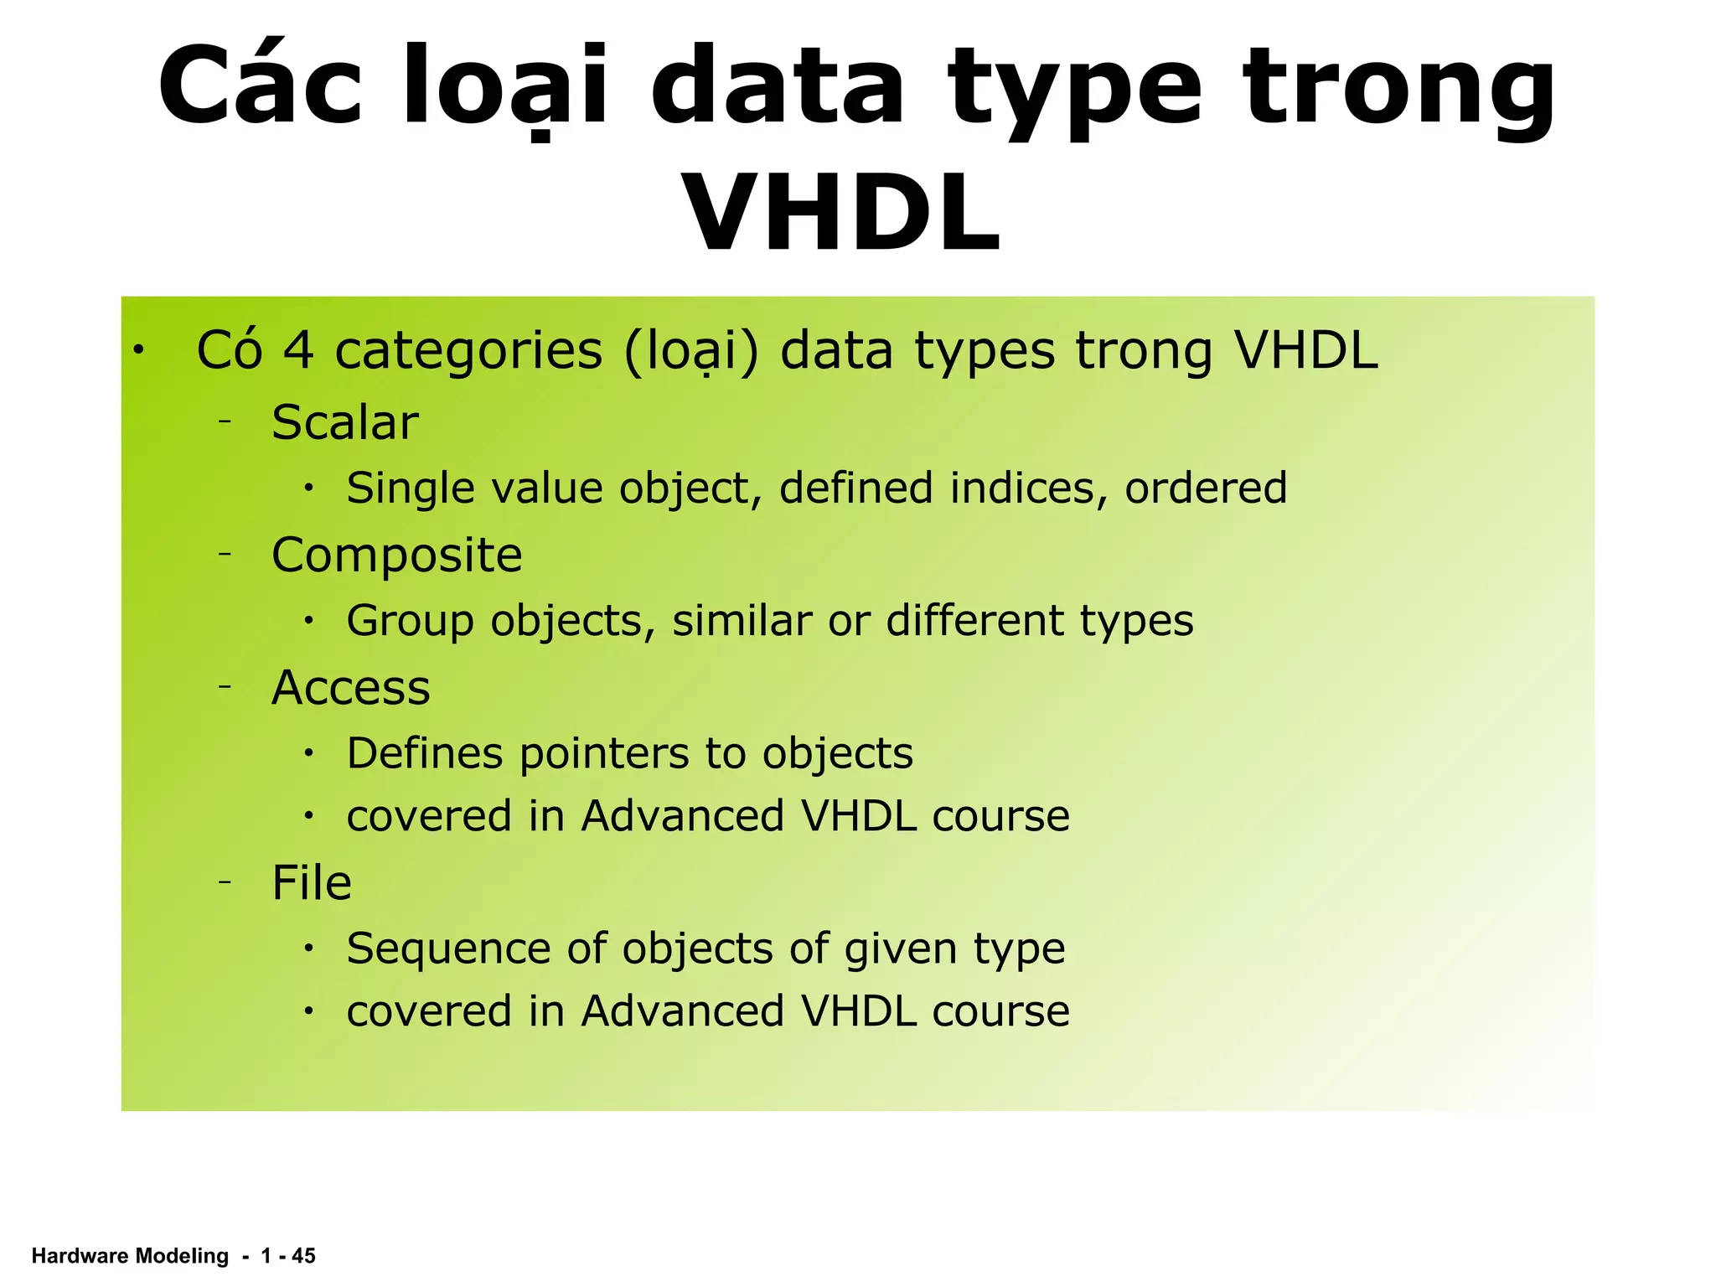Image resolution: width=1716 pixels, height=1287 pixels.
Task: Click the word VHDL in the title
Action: pos(841,213)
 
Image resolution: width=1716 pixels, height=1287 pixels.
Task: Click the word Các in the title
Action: pos(261,86)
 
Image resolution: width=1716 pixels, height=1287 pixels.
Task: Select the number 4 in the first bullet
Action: pos(298,350)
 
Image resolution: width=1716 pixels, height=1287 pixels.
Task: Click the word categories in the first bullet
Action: pos(468,352)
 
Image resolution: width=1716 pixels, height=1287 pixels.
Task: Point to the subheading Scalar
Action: pos(344,422)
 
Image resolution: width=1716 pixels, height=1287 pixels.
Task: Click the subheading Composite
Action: pos(396,556)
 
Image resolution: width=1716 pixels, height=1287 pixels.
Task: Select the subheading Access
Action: pos(350,688)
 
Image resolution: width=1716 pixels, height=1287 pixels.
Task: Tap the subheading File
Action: pos(311,883)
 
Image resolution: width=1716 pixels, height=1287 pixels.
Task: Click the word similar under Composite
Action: pos(742,621)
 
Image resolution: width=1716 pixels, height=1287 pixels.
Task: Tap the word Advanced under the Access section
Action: pos(682,816)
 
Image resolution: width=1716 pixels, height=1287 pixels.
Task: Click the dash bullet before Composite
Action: pos(225,554)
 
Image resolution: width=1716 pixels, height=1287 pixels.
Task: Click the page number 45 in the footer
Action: pos(303,1255)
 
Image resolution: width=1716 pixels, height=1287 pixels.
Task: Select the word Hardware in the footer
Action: pos(80,1255)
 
